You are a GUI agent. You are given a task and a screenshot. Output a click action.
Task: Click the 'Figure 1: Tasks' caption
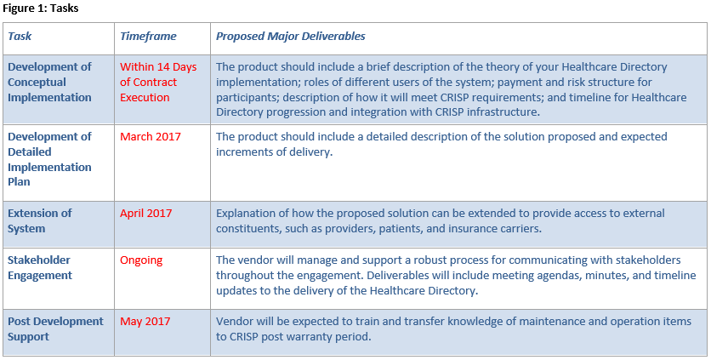pyautogui.click(x=40, y=9)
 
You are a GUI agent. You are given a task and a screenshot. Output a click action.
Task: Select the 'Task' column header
pyautogui.click(x=20, y=37)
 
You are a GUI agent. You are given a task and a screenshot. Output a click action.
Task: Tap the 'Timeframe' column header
pyautogui.click(x=148, y=37)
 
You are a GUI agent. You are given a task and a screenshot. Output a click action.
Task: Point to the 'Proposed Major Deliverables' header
pyautogui.click(x=291, y=37)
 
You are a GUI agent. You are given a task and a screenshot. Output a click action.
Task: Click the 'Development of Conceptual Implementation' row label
pyautogui.click(x=49, y=83)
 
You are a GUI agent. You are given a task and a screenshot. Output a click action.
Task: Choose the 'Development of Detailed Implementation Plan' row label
pyautogui.click(x=49, y=159)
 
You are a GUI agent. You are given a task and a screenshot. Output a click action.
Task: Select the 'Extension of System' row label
pyautogui.click(x=39, y=220)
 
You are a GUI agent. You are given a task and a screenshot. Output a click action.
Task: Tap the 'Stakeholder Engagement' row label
pyautogui.click(x=40, y=268)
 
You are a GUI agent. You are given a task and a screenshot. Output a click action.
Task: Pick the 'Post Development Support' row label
pyautogui.click(x=55, y=329)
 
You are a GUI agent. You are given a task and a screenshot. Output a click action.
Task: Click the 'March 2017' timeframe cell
pyautogui.click(x=150, y=137)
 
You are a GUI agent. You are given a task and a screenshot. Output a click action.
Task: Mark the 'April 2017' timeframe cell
pyautogui.click(x=146, y=214)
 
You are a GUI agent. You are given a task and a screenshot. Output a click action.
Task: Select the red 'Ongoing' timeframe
pyautogui.click(x=141, y=260)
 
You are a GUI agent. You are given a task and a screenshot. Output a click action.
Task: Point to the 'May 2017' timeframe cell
pyautogui.click(x=145, y=322)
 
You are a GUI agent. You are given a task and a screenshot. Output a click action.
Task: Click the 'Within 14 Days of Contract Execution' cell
pyautogui.click(x=158, y=83)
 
